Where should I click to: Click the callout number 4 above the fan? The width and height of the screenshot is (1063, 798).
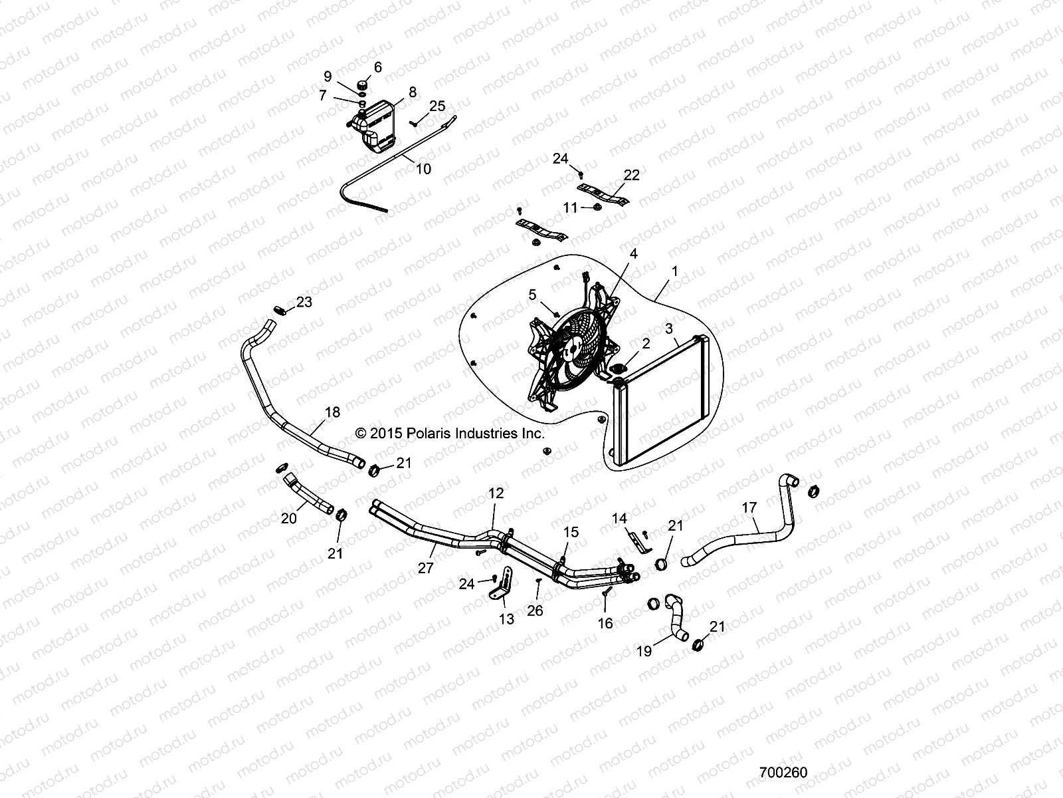633,253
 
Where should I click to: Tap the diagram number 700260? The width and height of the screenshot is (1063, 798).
783,773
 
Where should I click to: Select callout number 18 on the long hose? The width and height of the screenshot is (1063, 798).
332,412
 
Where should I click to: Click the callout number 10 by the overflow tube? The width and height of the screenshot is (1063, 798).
423,169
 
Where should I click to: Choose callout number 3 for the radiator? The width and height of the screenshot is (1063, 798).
669,329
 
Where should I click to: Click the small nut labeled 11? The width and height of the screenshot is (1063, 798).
597,208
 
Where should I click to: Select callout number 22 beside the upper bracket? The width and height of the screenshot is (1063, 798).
631,175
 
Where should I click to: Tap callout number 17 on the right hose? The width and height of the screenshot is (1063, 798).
749,508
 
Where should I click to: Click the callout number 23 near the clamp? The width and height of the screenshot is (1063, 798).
304,302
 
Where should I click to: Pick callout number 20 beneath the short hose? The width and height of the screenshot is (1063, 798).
288,518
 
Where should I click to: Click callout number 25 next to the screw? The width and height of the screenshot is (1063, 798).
437,106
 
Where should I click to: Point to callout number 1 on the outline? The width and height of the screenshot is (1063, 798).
675,271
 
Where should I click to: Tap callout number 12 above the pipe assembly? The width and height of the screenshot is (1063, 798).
496,493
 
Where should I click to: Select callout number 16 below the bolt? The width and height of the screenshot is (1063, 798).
605,623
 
